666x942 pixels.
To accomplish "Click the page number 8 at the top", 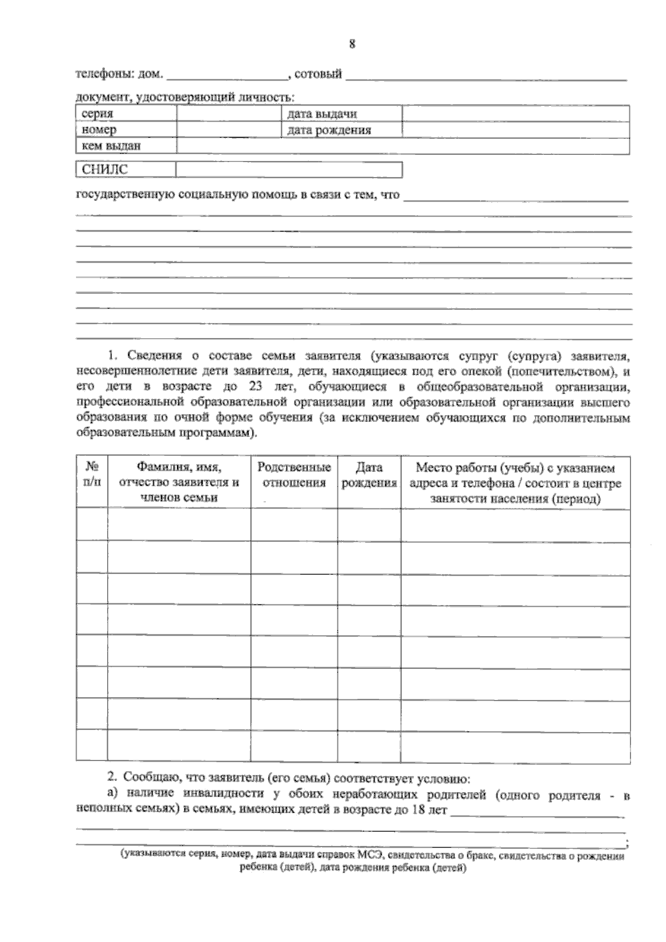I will point(352,45).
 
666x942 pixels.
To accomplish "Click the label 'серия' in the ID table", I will point(97,114).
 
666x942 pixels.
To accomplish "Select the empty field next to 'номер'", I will point(229,130).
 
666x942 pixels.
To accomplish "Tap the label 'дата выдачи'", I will point(322,114).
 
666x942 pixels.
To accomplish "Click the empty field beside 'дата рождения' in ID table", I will point(515,130).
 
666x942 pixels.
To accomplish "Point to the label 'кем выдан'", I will point(111,146).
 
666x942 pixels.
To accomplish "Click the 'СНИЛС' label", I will point(104,170).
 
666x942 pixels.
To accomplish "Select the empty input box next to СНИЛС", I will point(289,170).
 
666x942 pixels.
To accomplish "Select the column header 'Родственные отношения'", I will point(294,475).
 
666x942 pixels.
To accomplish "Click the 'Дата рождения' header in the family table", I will point(369,475).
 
